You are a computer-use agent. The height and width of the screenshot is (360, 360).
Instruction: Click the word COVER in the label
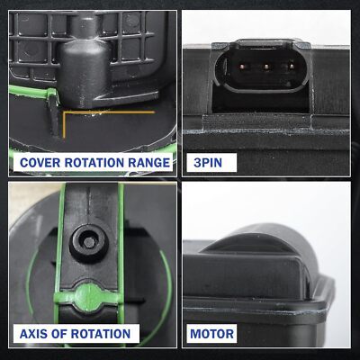pos(40,163)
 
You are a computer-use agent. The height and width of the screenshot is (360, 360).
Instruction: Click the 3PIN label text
pos(208,163)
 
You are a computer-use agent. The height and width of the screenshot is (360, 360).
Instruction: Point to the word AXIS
pos(33,334)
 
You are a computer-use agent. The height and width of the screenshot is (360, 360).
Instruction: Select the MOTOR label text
pos(212,334)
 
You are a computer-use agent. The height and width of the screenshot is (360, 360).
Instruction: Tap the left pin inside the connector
pos(242,67)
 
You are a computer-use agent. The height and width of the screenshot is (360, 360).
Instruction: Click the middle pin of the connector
pos(266,67)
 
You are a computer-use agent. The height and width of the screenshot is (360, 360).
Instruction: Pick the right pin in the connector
pos(291,67)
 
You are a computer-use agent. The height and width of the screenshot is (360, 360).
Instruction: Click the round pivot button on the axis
pos(89,242)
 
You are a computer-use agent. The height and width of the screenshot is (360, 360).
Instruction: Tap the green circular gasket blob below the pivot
pos(89,297)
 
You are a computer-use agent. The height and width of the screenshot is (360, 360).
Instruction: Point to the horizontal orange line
pos(109,112)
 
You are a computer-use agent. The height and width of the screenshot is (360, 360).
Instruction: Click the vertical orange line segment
pos(64,125)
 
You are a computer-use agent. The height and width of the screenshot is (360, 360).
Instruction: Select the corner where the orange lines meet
pos(64,112)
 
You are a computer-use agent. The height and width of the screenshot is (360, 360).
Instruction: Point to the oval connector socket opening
pos(265,67)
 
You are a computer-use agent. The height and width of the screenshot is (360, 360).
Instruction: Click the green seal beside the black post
pos(33,91)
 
